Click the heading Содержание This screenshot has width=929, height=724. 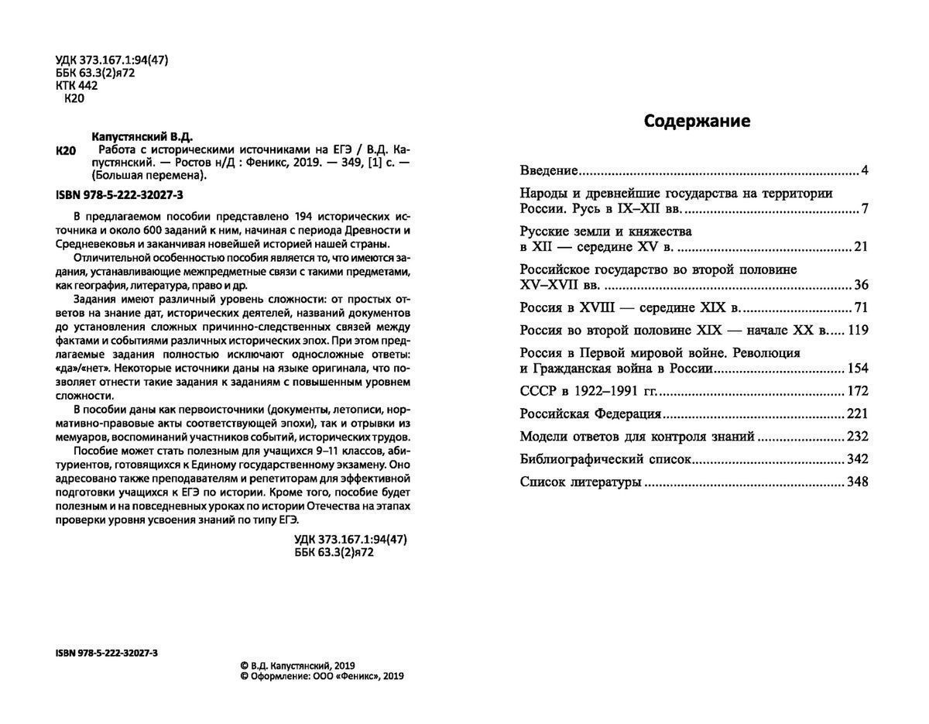point(697,122)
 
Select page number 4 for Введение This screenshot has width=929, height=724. point(864,170)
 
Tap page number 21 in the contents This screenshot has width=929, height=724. point(860,247)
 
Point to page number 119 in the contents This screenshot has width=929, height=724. point(858,330)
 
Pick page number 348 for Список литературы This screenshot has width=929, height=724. point(858,482)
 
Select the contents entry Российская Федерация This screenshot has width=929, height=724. point(590,413)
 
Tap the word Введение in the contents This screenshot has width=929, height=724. point(549,170)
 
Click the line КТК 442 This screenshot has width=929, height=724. point(77,86)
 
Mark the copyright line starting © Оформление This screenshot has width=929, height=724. point(322,675)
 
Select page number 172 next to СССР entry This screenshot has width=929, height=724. point(858,391)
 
